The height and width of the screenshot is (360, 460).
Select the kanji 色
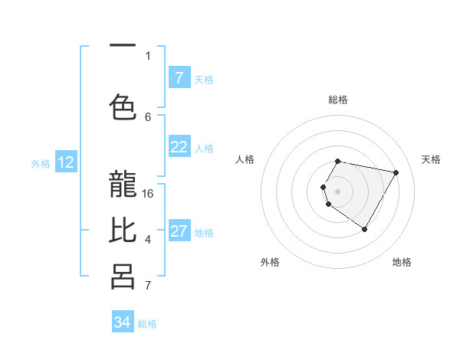tap(123, 105)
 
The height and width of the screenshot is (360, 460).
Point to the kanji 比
tap(123, 231)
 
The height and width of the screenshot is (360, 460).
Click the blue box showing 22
tap(179, 148)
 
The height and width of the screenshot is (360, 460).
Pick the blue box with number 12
tap(66, 162)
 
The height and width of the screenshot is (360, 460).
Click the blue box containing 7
tap(179, 78)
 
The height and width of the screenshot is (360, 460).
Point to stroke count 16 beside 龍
tap(148, 193)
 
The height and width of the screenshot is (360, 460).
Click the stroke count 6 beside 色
tap(148, 116)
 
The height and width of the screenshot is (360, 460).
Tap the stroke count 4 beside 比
tap(148, 240)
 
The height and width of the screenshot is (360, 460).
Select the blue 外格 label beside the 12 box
tap(41, 163)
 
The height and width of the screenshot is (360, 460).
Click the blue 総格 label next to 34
tap(147, 324)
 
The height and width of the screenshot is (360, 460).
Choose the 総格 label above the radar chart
tap(338, 100)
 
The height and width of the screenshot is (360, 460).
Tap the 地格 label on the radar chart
tap(402, 262)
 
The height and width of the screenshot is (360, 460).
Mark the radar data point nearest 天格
tap(396, 173)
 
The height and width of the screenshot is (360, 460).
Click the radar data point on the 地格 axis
tap(364, 230)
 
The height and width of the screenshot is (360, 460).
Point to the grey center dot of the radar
tap(337, 190)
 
